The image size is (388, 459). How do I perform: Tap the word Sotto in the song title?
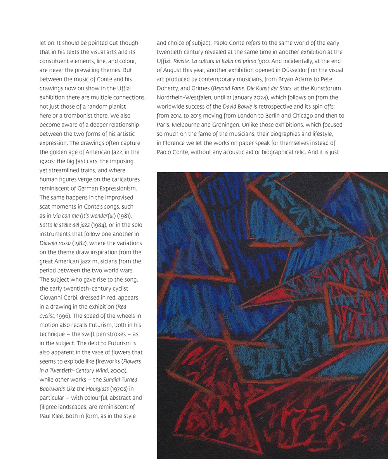(47, 225)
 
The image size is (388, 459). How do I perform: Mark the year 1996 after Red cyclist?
(64, 316)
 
